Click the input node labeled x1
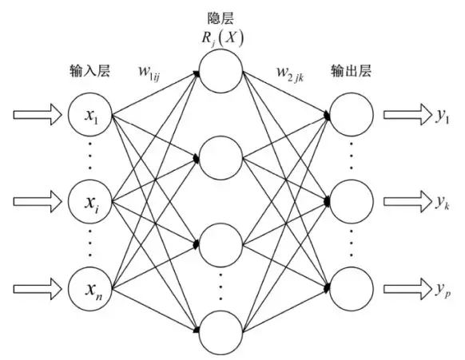point(90,115)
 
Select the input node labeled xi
point(90,197)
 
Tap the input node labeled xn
point(90,283)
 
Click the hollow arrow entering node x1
point(36,116)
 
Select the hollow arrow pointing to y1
point(405,115)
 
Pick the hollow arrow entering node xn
point(36,283)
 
